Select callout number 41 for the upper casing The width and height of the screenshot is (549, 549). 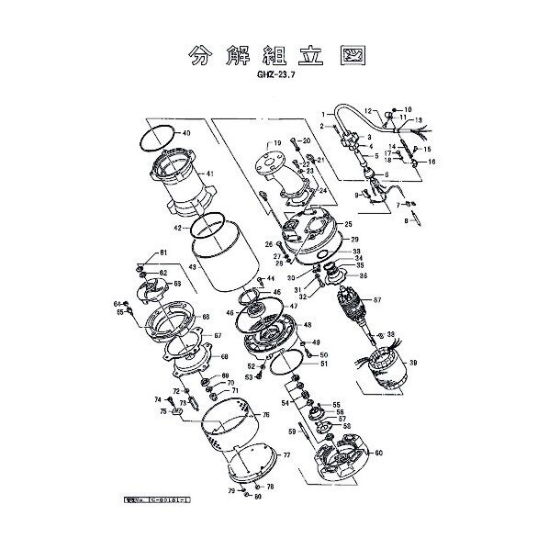click(209, 174)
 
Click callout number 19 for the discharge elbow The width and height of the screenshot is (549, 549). click(274, 144)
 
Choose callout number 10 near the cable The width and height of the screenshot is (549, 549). click(409, 109)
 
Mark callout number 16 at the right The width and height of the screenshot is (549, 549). click(431, 162)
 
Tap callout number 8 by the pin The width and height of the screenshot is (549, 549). click(407, 220)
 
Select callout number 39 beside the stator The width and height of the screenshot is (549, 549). click(412, 364)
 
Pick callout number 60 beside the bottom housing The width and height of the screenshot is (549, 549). click(378, 453)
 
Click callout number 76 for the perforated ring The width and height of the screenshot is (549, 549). click(265, 415)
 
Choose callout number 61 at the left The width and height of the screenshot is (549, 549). click(163, 252)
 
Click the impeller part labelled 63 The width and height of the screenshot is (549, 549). click(149, 287)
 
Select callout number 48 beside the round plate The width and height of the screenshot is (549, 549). click(307, 326)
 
